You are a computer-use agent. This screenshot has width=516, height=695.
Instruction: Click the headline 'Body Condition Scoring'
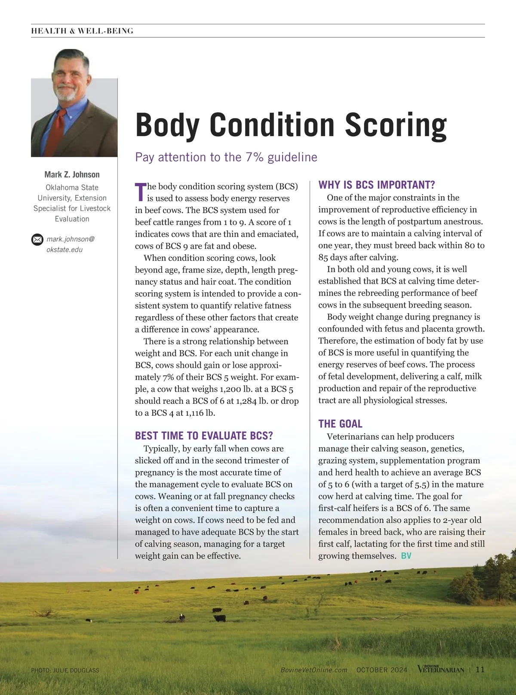click(291, 125)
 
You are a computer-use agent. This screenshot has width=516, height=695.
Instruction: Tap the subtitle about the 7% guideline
click(226, 157)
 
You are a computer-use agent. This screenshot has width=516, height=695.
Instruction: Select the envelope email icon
click(37, 239)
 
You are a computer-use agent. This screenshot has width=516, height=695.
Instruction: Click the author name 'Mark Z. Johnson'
click(72, 174)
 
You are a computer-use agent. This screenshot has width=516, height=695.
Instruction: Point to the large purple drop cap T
click(140, 192)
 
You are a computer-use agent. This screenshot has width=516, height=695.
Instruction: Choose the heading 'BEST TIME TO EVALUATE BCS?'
click(204, 436)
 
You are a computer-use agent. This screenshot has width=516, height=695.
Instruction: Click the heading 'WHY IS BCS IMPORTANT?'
click(377, 185)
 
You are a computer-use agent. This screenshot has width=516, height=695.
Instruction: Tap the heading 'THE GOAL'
click(340, 424)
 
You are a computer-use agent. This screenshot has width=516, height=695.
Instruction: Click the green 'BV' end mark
click(406, 556)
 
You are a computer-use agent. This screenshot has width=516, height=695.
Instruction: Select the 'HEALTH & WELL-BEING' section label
click(82, 31)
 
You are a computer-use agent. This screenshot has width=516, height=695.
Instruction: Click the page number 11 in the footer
click(480, 670)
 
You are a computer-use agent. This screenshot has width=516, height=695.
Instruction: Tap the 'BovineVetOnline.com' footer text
click(314, 670)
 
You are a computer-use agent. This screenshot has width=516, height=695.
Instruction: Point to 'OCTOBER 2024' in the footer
click(382, 670)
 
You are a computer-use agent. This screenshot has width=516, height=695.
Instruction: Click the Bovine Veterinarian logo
click(441, 669)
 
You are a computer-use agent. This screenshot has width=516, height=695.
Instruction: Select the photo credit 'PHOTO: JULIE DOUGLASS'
click(65, 670)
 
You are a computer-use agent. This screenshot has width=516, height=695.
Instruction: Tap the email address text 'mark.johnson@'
click(71, 239)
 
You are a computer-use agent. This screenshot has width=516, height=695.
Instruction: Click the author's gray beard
click(67, 94)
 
